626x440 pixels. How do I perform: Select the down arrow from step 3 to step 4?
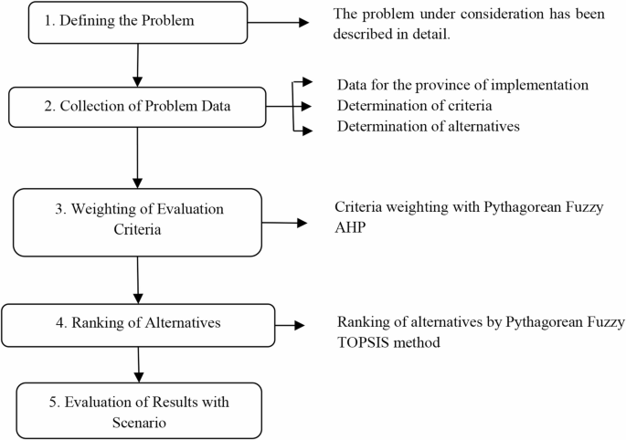(136, 279)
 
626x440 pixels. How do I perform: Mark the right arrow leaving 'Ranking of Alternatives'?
(291, 323)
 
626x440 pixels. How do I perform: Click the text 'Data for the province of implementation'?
(462, 84)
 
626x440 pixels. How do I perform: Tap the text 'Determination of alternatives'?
(428, 126)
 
